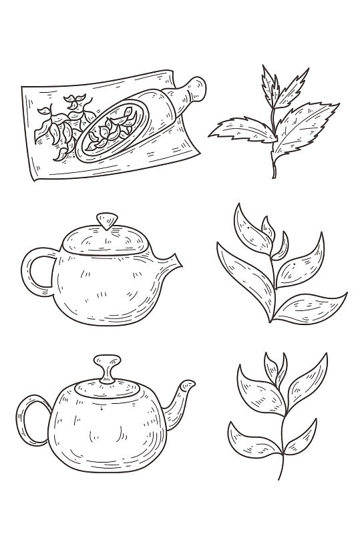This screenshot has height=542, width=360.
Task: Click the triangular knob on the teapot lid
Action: pyautogui.click(x=105, y=220)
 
